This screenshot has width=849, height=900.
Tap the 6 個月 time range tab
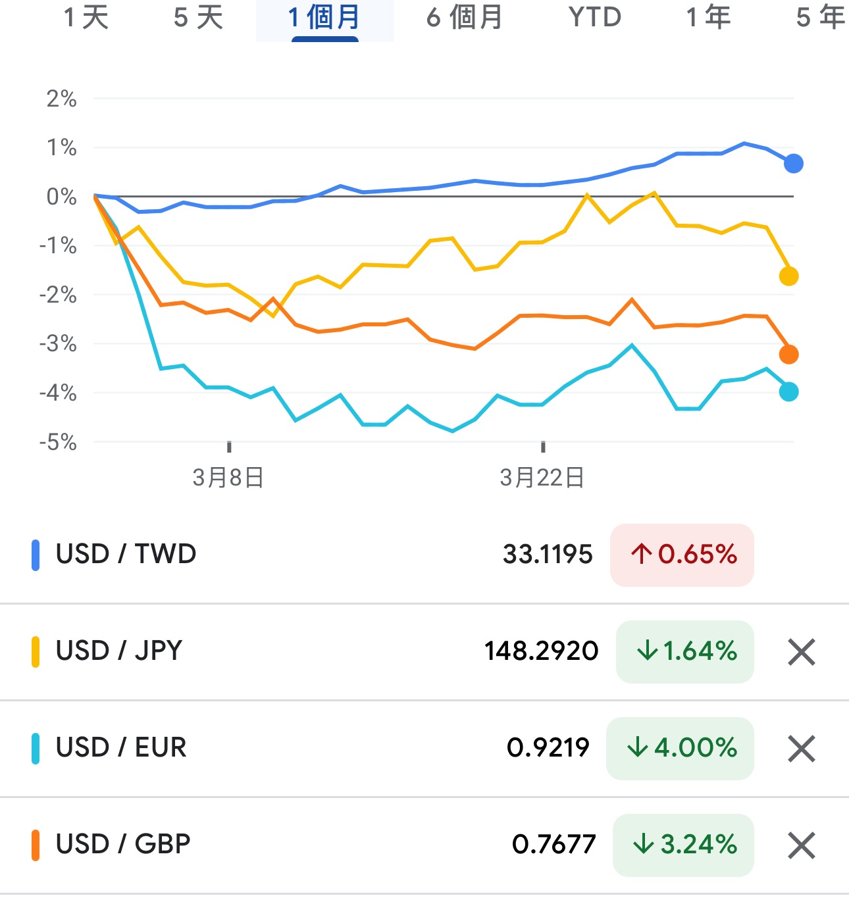[x=464, y=18]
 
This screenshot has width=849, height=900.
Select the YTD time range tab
[x=595, y=18]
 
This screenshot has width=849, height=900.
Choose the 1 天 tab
[x=86, y=18]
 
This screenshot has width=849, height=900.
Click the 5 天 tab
[x=198, y=18]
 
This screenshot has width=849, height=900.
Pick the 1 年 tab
[x=708, y=18]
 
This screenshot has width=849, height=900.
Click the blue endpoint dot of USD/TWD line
[x=794, y=163]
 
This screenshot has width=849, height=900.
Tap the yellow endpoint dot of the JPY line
[x=788, y=276]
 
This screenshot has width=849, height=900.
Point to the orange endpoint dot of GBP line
[x=788, y=355]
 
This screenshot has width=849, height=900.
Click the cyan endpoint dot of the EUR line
[x=788, y=392]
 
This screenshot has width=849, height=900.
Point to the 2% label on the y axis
[x=61, y=99]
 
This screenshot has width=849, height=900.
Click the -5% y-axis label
[x=58, y=442]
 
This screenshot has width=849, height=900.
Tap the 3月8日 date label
[x=228, y=478]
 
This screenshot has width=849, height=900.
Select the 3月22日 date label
[x=542, y=478]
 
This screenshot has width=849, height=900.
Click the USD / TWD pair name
[x=126, y=554]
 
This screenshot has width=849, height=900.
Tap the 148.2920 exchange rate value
[x=541, y=651]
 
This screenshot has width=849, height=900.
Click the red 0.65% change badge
[x=682, y=555]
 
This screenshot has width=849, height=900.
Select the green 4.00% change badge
[x=680, y=748]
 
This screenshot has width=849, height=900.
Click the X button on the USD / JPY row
[x=801, y=652]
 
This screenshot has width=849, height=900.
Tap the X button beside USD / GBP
[x=801, y=845]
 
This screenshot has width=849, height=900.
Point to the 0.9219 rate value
[x=548, y=748]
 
